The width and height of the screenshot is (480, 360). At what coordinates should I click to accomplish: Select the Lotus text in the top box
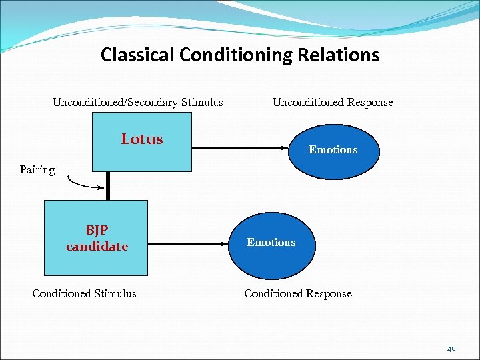tap(142, 139)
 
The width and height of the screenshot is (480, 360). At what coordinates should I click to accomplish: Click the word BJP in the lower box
tap(97, 231)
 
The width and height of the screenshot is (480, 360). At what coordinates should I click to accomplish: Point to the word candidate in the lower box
tap(97, 247)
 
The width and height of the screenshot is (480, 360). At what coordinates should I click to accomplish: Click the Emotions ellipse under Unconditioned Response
tap(333, 149)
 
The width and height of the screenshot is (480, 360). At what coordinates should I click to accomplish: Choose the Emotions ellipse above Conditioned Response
tap(271, 242)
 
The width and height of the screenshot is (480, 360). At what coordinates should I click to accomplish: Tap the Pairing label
tap(37, 169)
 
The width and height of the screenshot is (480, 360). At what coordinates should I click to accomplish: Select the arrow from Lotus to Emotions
tap(240, 147)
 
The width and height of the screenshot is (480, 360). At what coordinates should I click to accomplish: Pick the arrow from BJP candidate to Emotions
tap(187, 245)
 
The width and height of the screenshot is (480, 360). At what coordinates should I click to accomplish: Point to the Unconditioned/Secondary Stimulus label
tap(138, 103)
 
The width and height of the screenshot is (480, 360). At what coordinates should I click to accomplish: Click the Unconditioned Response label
tap(333, 103)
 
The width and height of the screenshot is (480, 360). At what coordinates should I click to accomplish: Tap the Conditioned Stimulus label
tap(84, 293)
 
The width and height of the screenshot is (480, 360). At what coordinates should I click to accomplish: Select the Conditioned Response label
tap(297, 293)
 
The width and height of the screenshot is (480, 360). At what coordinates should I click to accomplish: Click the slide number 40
tap(451, 348)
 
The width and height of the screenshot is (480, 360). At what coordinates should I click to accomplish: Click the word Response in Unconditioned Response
tap(371, 103)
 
